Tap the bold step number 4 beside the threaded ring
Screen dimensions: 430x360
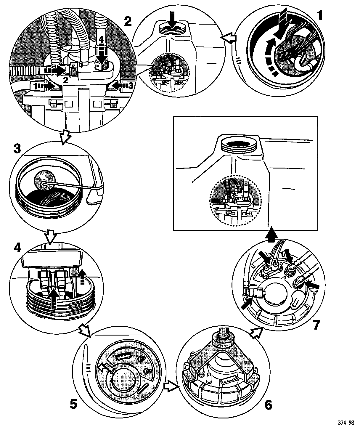tap(17, 247)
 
